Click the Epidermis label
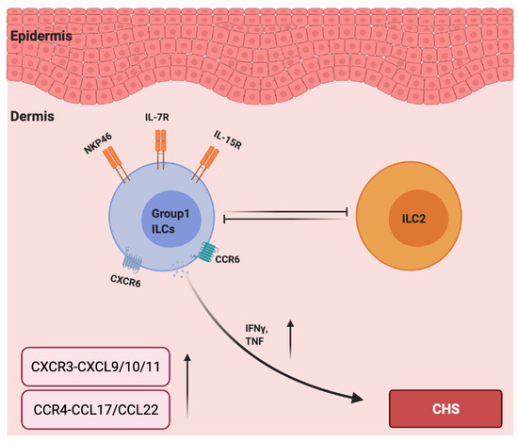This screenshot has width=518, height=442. tap(43, 36)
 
